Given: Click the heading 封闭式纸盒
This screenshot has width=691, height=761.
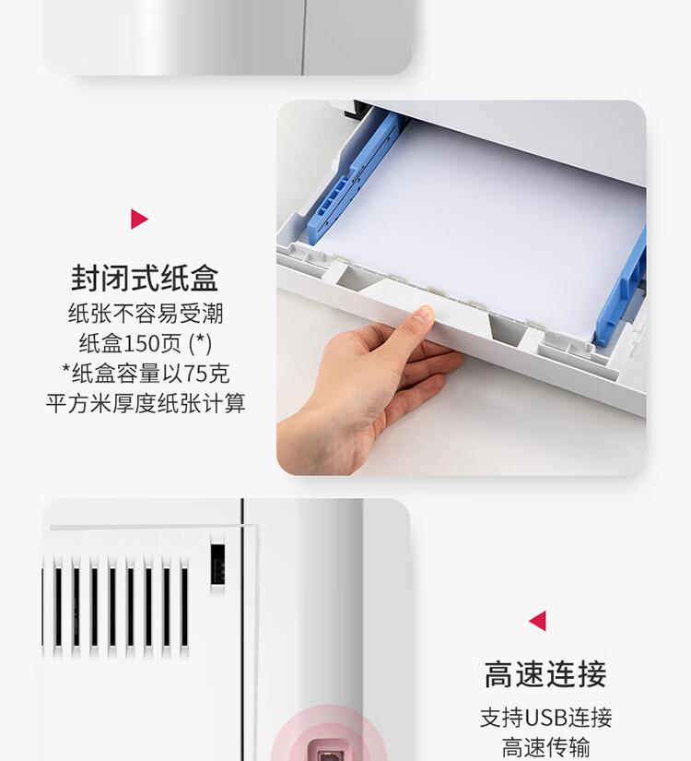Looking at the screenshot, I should (145, 278).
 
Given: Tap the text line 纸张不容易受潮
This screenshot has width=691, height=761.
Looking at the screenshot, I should (145, 314).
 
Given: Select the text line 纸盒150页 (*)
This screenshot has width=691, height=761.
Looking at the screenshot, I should (145, 343).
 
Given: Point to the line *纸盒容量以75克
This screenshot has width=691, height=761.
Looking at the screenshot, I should (145, 374).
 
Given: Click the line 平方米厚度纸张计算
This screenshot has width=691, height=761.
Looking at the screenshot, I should (145, 403).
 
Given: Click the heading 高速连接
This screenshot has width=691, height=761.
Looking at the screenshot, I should (545, 674).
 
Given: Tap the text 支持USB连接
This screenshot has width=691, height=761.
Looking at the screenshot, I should (545, 718).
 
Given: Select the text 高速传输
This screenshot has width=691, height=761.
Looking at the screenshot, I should (545, 747).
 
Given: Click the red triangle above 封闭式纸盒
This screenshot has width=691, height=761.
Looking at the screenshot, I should (138, 219).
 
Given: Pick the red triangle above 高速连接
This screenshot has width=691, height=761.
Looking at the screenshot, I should (537, 621).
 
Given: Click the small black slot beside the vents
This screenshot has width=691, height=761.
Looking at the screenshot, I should (217, 564).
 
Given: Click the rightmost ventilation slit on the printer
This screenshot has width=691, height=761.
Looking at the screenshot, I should (184, 604).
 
